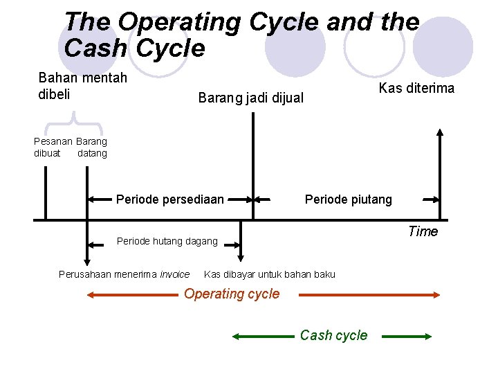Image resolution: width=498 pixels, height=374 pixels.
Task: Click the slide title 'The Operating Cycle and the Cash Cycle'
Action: [241, 35]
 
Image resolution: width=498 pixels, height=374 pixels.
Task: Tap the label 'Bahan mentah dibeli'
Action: [82, 86]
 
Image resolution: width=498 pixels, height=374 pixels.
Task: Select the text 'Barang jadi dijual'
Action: [250, 98]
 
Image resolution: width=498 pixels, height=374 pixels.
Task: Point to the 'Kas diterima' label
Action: [416, 88]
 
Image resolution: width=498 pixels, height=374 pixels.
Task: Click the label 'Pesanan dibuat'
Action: [52, 148]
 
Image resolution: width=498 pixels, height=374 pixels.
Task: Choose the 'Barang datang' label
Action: [92, 148]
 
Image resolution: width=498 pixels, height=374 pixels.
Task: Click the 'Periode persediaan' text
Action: [169, 199]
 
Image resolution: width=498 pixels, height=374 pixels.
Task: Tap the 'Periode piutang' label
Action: [348, 199]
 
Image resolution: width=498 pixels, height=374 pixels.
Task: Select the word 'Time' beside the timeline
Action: [423, 231]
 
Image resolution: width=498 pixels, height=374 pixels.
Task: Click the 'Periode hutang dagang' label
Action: [167, 242]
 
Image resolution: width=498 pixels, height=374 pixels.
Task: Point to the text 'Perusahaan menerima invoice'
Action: [124, 274]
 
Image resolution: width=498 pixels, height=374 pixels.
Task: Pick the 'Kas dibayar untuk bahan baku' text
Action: [270, 274]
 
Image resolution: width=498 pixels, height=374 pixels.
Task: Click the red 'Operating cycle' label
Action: [232, 294]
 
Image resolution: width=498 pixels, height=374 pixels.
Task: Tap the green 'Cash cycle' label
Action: [333, 335]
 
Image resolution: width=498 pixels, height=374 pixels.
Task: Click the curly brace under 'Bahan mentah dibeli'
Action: [73, 127]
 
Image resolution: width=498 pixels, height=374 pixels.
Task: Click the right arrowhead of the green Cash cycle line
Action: [428, 336]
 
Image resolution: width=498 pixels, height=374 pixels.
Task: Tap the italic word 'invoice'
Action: [174, 274]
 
